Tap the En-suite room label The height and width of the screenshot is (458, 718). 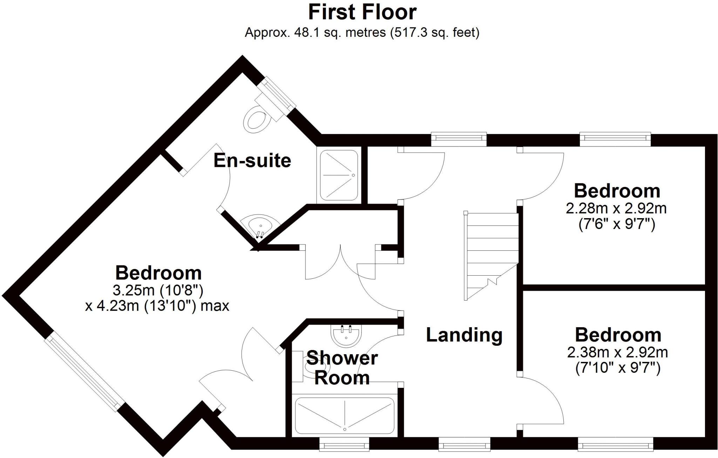pyautogui.click(x=252, y=161)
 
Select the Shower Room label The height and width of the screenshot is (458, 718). pyautogui.click(x=342, y=368)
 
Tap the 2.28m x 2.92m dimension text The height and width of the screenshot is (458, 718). pyautogui.click(x=616, y=209)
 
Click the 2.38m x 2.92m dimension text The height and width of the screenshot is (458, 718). pyautogui.click(x=618, y=352)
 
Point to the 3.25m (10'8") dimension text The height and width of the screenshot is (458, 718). pyautogui.click(x=158, y=290)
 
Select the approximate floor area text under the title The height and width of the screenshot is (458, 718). pyautogui.click(x=362, y=33)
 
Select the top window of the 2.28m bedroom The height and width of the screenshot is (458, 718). pyautogui.click(x=616, y=139)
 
